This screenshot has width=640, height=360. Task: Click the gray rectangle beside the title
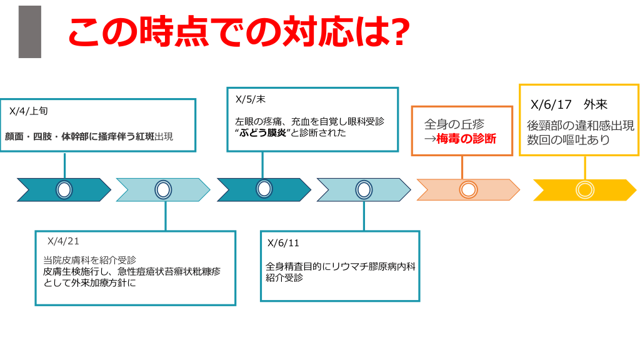click(29, 32)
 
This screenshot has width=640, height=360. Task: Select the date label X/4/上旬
click(29, 111)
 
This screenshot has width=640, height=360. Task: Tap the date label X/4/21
click(63, 241)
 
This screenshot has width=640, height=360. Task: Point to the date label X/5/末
click(251, 99)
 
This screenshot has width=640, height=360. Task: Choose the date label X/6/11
click(283, 243)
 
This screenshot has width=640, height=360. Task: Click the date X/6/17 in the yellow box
click(551, 104)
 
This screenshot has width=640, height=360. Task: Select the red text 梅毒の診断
click(466, 139)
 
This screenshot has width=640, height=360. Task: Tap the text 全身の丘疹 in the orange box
click(454, 124)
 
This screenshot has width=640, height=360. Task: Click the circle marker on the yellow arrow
click(584, 189)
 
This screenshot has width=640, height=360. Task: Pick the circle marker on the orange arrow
click(468, 189)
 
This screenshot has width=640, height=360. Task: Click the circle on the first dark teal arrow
click(64, 189)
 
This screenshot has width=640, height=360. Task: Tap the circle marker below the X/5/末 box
click(264, 189)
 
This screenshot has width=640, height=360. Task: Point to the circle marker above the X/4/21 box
click(164, 189)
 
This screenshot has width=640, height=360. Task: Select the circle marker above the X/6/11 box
click(364, 189)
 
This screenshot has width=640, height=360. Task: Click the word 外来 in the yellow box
click(596, 104)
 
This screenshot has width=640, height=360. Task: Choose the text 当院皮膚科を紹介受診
click(89, 260)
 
